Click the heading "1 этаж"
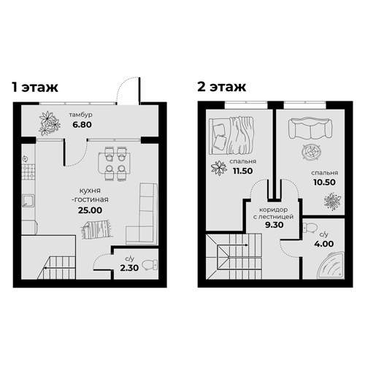[x=35, y=88]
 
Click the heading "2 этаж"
[x=222, y=87]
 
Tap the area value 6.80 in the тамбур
[x=82, y=125]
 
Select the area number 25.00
[x=90, y=210]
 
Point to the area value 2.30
[x=129, y=268]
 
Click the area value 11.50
[x=242, y=171]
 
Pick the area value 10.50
[x=324, y=182]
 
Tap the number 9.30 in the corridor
[x=274, y=225]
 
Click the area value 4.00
[x=324, y=244]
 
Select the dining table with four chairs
[x=115, y=164]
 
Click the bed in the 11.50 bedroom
[x=231, y=135]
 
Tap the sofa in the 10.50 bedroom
[x=310, y=129]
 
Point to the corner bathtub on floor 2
[x=331, y=265]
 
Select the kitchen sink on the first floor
[x=28, y=200]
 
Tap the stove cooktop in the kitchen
[x=28, y=172]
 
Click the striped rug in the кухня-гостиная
[x=97, y=229]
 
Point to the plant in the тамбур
[x=50, y=123]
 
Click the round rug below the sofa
[x=311, y=152]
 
